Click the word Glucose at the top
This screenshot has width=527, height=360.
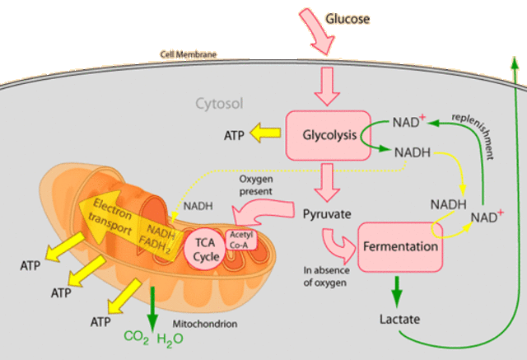coord(348,17)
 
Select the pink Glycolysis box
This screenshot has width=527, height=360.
coord(327,134)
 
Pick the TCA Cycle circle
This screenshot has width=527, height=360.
coord(201,250)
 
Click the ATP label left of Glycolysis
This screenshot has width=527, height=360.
coord(236,134)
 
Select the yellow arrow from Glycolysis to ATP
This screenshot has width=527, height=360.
coord(266,134)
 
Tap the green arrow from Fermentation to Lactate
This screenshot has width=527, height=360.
coord(398,289)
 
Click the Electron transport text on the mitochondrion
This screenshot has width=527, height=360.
coord(110,217)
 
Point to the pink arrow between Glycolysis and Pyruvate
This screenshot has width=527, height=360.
coord(328,180)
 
